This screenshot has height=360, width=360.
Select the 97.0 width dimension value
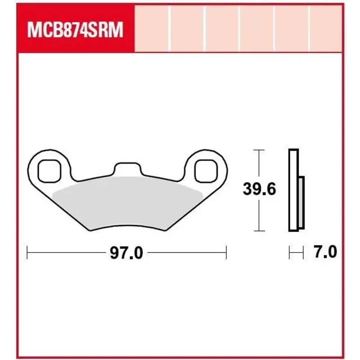click(126, 253)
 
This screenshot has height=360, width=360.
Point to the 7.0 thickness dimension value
click(324, 252)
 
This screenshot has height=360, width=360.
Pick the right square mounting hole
click(205, 170)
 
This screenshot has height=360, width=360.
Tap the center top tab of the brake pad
click(126, 168)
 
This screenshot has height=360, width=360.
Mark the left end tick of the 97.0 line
click(27, 253)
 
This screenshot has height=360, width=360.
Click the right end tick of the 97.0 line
click(226, 253)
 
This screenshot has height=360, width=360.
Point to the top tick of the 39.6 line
click(259, 149)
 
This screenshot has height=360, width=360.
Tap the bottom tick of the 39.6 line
click(259, 231)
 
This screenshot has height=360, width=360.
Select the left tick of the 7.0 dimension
click(289, 253)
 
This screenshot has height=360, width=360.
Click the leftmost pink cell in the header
click(152, 28)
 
